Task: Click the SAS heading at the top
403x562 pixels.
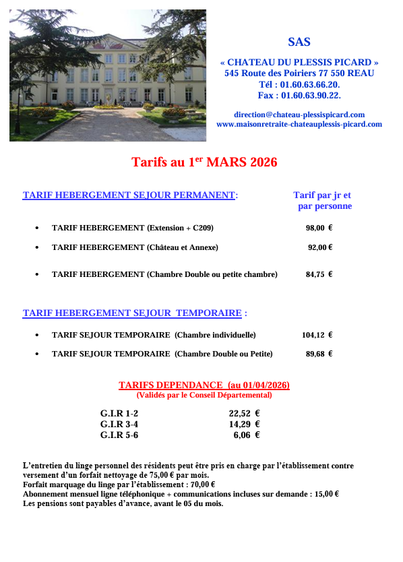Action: tap(299, 42)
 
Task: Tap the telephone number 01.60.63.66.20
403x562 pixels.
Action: tap(309, 84)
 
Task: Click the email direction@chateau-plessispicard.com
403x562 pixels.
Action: tap(299, 115)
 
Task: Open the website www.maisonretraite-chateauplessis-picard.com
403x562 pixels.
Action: tap(299, 124)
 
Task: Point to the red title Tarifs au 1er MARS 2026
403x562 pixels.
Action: tap(204, 162)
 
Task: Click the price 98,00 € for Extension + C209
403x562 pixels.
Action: tap(319, 228)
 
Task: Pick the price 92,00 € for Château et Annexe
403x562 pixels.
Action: tap(320, 247)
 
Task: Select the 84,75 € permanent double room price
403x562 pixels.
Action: tap(319, 274)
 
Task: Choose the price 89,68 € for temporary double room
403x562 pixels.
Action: tap(319, 353)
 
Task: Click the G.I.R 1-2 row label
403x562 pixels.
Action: tap(119, 414)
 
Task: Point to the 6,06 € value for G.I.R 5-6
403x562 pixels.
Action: tap(246, 435)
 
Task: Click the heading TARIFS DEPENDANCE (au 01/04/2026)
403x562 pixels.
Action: tap(204, 385)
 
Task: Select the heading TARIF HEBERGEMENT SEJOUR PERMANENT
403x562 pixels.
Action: tap(129, 195)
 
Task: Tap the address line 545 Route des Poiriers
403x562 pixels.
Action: tap(299, 73)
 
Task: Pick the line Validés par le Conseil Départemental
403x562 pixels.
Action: tap(204, 395)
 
